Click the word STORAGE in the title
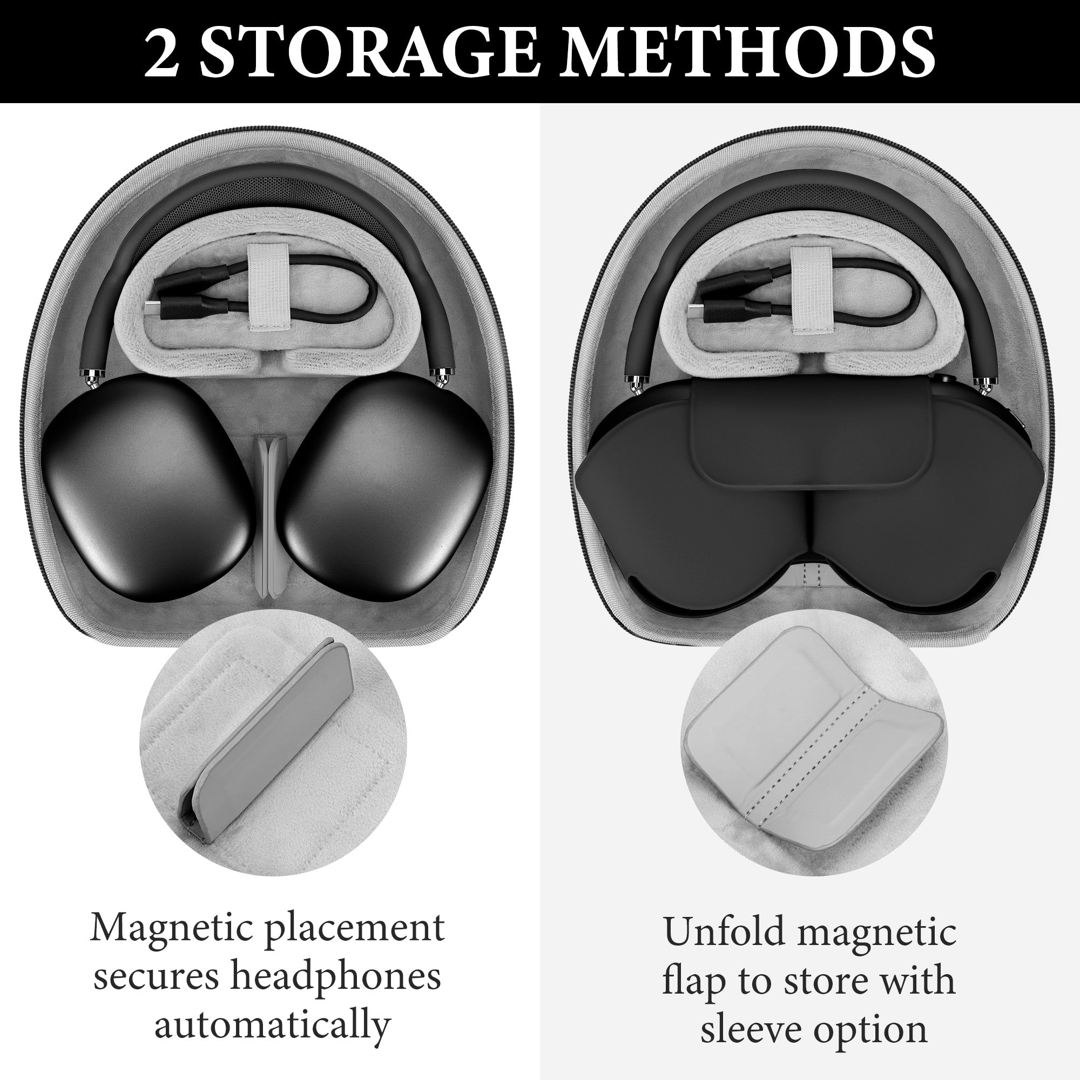click(x=369, y=51)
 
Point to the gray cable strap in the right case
click(x=810, y=291)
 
